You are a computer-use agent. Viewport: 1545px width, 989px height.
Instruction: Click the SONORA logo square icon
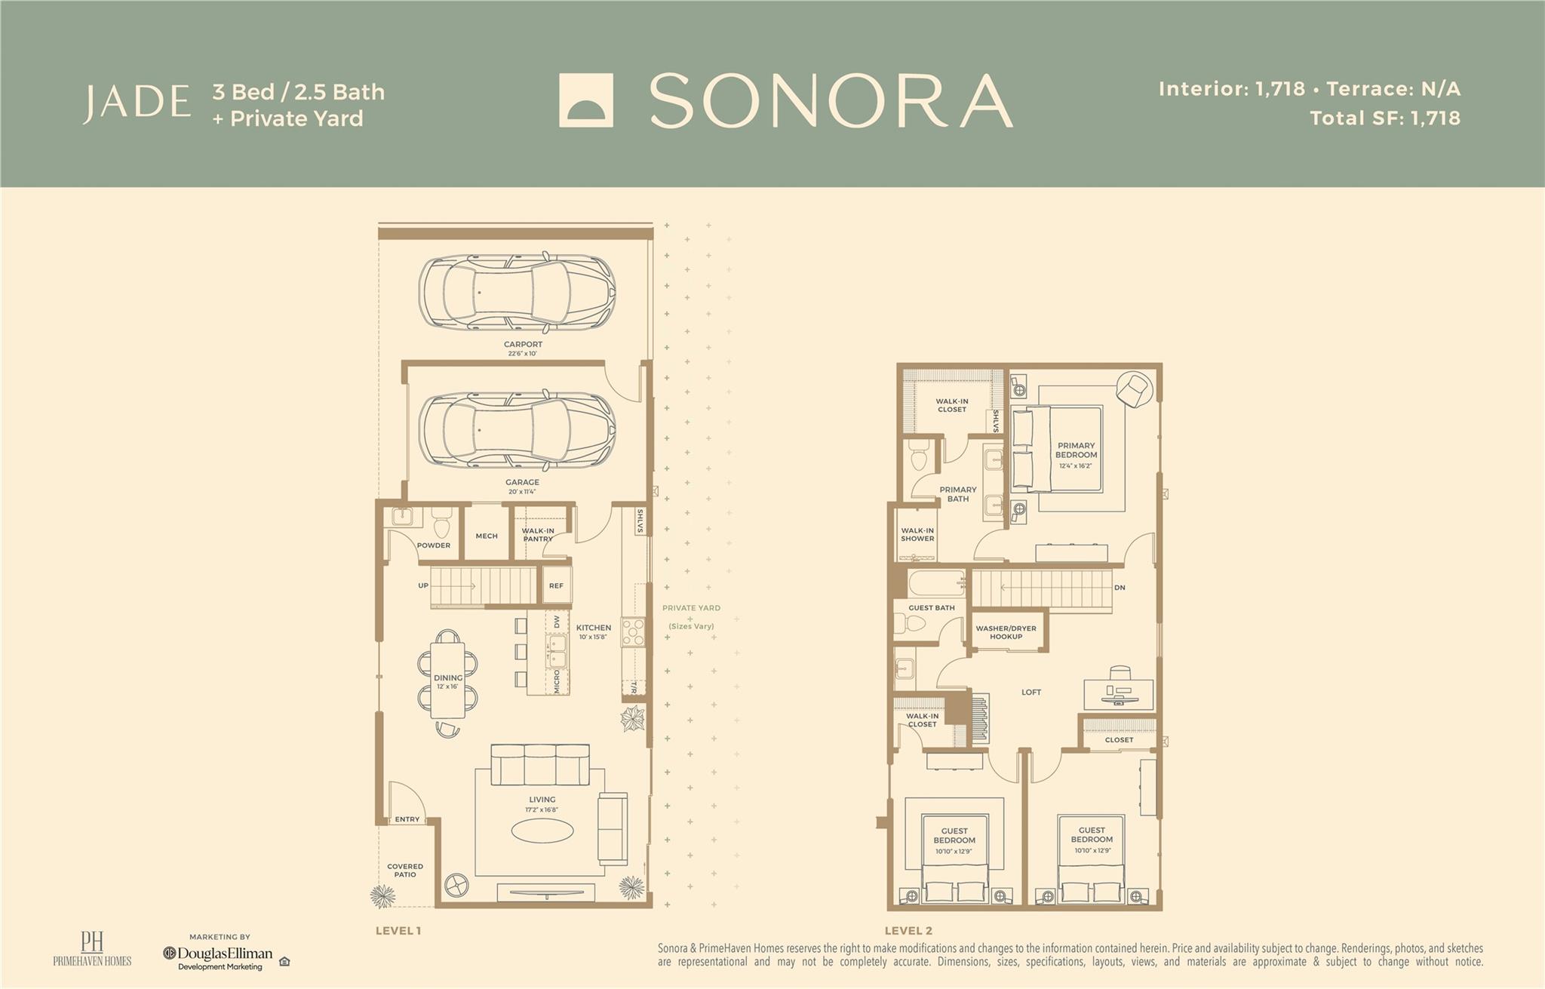[585, 100]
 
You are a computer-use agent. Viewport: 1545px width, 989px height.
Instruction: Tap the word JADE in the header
[137, 103]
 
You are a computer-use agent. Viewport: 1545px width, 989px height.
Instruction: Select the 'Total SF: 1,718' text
[1385, 118]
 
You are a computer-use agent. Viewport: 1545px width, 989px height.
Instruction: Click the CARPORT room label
[523, 345]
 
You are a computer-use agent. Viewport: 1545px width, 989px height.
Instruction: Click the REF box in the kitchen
[556, 586]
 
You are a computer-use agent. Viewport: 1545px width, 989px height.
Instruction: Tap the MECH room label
[487, 536]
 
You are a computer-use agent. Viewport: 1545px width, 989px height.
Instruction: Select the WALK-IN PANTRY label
[538, 534]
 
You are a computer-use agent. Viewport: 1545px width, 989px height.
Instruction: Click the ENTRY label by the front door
[407, 819]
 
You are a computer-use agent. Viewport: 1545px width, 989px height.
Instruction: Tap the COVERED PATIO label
[405, 871]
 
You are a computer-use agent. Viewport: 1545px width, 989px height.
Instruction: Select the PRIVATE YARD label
[691, 608]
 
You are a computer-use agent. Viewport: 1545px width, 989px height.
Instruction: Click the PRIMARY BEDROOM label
[1076, 450]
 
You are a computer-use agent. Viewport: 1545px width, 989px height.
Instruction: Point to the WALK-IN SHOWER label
[917, 535]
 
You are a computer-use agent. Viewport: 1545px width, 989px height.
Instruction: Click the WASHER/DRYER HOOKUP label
[1006, 632]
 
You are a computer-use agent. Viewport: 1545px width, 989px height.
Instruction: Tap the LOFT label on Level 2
[1031, 693]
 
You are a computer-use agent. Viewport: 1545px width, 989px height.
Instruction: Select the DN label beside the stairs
[1120, 588]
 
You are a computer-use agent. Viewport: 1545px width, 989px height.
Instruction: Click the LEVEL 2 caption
[908, 931]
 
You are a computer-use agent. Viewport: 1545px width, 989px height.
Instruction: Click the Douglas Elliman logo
[219, 954]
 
